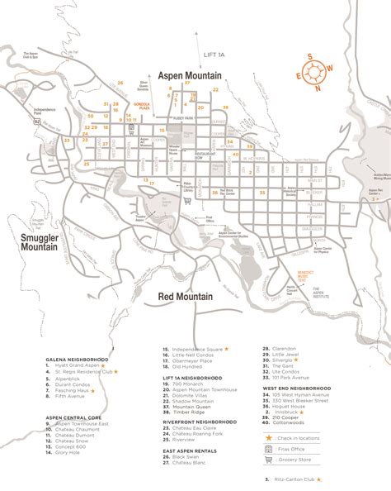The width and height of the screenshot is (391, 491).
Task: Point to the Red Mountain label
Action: pyautogui.click(x=186, y=295)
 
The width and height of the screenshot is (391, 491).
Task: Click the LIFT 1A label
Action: pyautogui.click(x=214, y=54)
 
